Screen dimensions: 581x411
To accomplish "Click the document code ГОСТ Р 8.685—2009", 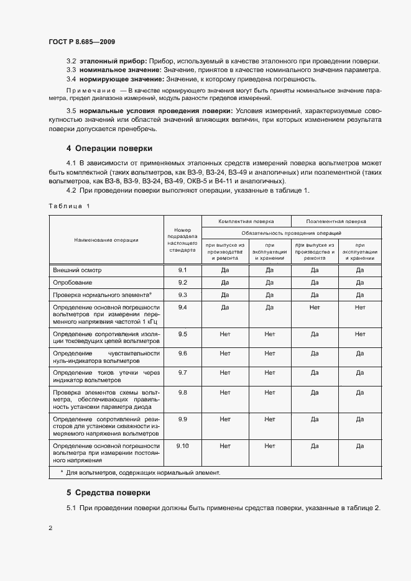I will (81, 42).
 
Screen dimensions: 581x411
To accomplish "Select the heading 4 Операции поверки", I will (109, 149).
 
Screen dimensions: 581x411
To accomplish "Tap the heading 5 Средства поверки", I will (108, 493).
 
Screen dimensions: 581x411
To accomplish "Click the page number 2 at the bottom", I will (50, 528).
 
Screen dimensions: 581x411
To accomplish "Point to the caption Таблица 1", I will (69, 206).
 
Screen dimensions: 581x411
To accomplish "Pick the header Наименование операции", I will (106, 239).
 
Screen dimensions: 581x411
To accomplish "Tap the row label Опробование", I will (73, 282).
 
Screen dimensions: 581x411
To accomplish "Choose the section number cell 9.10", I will (182, 446).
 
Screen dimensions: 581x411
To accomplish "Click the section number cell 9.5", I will (182, 334).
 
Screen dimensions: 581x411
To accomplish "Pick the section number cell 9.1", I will (182, 270).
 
